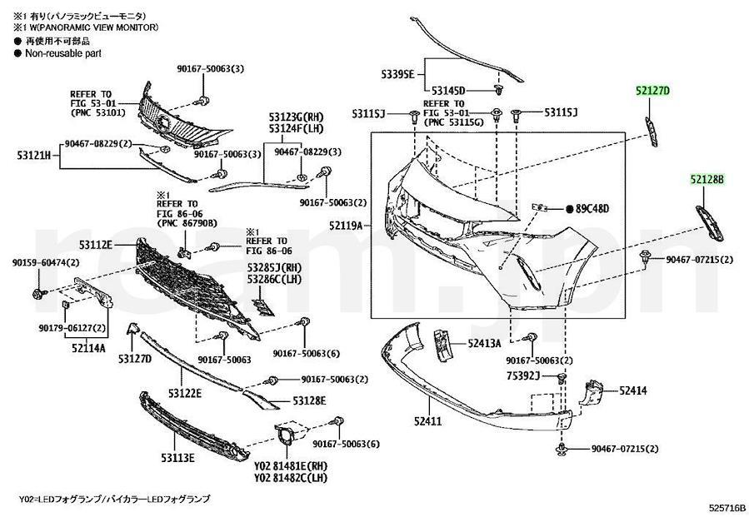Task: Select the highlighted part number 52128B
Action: [x=707, y=179]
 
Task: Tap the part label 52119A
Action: [x=346, y=225]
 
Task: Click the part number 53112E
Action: [x=97, y=244]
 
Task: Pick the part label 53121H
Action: [x=34, y=155]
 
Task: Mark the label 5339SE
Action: [x=398, y=74]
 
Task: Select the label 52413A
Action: [x=484, y=343]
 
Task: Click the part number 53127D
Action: [x=134, y=359]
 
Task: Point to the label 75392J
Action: [x=526, y=376]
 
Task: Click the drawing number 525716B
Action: [x=727, y=506]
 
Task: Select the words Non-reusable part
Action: [x=64, y=52]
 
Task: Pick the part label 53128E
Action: [x=308, y=401]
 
